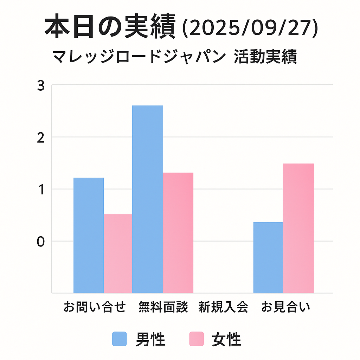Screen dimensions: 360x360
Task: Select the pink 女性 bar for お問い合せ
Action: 118,253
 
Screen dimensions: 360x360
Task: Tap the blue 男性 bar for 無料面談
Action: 147,199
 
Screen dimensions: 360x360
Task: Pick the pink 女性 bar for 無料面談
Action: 178,232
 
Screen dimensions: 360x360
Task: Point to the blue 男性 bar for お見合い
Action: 268,257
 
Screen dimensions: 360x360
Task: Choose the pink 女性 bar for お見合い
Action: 298,228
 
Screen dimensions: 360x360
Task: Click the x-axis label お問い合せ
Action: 95,307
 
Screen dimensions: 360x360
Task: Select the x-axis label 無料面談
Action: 163,307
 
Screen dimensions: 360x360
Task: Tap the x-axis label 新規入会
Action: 223,307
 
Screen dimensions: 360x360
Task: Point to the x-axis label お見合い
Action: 286,307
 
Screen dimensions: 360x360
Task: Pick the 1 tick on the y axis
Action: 41,190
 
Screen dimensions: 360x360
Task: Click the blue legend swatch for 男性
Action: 120,339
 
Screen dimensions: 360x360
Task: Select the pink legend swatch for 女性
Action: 196,339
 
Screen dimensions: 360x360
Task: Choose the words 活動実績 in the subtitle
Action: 265,57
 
